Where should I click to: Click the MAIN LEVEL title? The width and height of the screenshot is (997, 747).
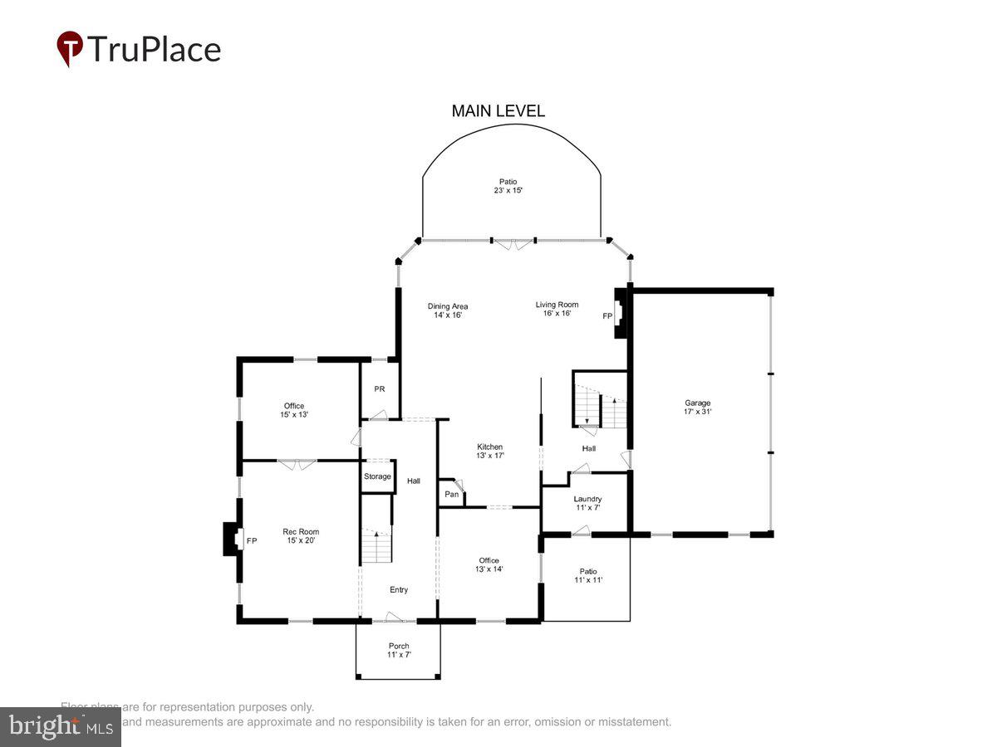tap(498, 111)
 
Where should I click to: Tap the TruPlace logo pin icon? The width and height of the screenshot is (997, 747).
tap(69, 48)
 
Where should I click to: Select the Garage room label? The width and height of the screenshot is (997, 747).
tap(697, 407)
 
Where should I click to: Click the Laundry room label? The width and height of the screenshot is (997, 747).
tap(588, 503)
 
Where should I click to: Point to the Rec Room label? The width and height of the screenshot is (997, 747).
tap(301, 536)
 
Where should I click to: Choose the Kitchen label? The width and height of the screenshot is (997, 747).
tap(489, 451)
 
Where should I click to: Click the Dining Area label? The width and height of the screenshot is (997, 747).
tap(448, 310)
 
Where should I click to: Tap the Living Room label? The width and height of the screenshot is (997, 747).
tap(557, 309)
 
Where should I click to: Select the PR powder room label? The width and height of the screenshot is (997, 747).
tap(379, 389)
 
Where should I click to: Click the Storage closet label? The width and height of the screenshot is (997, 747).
tap(377, 476)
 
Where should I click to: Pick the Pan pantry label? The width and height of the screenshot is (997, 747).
tap(451, 495)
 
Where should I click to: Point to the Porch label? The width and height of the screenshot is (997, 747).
tap(399, 650)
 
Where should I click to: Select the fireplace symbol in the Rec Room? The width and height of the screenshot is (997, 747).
tap(231, 540)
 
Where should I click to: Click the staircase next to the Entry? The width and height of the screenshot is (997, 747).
tap(376, 544)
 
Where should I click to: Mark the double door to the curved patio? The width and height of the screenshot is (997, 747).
tap(513, 243)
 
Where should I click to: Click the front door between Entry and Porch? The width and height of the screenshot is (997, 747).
tap(395, 618)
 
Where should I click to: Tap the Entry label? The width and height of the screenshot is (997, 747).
tap(399, 590)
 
